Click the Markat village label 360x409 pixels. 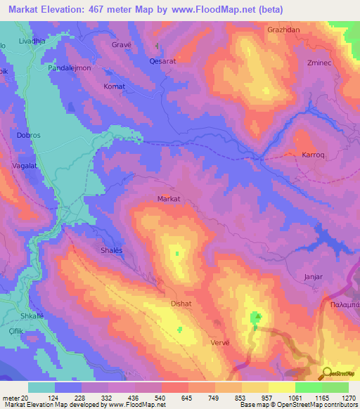coord(169,199)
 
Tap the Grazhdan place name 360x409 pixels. coord(283,30)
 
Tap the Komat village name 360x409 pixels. coord(114,86)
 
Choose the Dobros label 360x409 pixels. coord(31,134)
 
